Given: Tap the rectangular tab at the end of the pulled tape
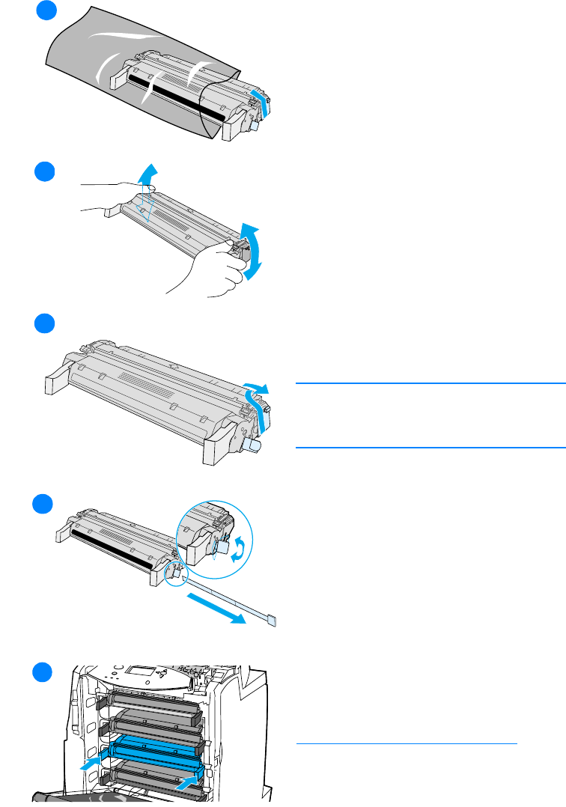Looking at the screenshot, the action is pos(272,621).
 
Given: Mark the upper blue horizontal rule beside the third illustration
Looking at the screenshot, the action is pos(430,383).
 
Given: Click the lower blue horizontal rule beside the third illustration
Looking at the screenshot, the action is pos(430,448).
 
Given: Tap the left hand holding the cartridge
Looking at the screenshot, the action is pos(112,195).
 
